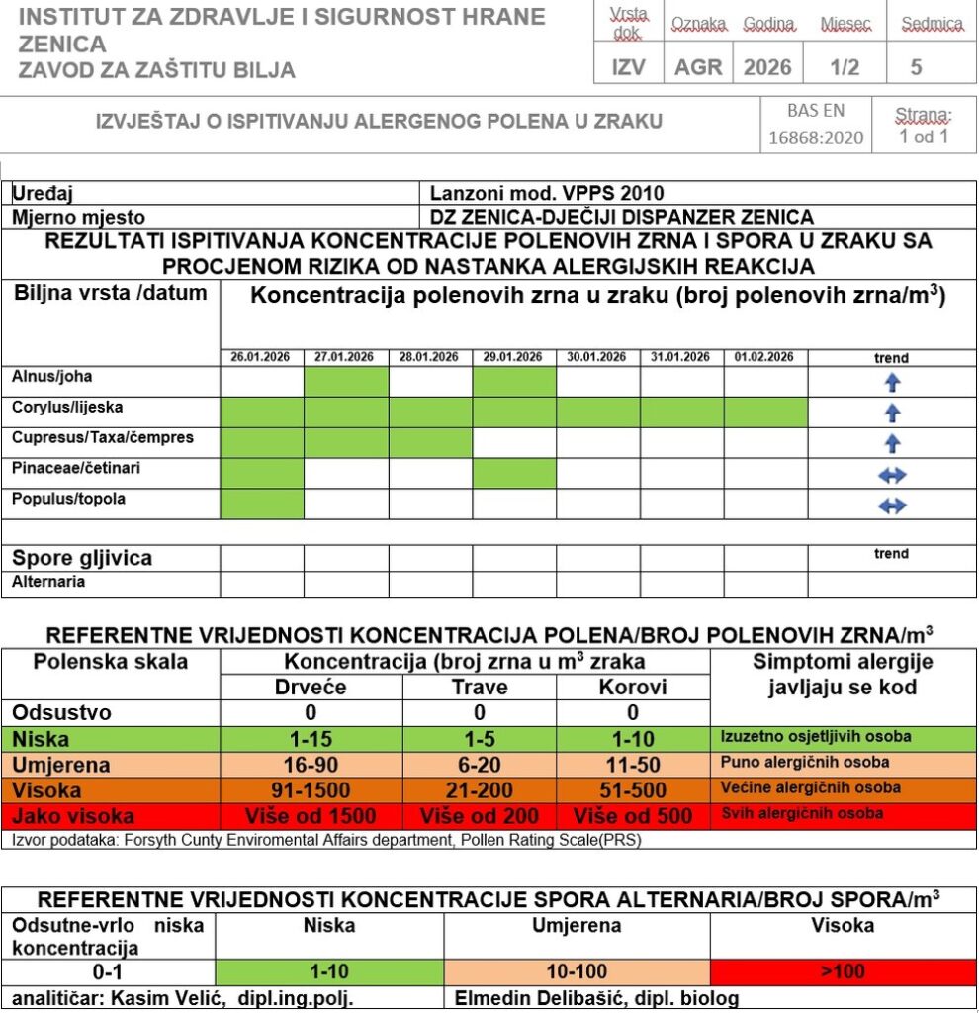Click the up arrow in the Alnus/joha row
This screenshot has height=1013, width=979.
pos(892,383)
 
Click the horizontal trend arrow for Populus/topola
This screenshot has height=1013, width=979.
pos(892,506)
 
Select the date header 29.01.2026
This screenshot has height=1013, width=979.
pos(514,357)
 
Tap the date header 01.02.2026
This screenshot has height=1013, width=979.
pos(765,357)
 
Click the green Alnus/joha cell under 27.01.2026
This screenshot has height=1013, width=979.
pos(346,381)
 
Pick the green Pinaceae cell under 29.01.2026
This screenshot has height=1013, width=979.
pos(514,474)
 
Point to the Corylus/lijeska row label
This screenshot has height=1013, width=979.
pos(67,407)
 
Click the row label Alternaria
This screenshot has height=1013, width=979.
pos(48,582)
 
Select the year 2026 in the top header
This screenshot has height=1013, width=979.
pos(767,67)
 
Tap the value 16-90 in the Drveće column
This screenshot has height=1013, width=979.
pos(311,765)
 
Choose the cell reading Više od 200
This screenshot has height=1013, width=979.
pos(480,816)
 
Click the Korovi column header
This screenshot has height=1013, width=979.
pos(633,688)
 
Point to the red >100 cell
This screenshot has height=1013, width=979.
pos(843,972)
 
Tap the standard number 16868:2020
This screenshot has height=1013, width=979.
pos(816,138)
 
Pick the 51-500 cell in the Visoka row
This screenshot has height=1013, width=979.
pos(633,790)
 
